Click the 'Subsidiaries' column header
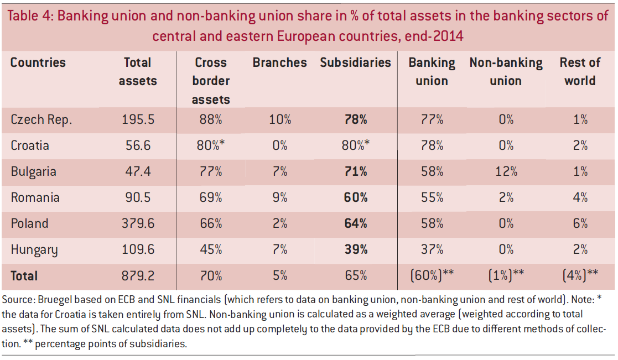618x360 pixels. coord(355,62)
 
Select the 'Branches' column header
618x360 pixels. coord(279,62)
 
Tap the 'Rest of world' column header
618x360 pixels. coord(580,71)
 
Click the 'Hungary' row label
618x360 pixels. coord(34,249)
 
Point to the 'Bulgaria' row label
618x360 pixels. coord(34,171)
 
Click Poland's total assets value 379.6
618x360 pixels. coord(138,223)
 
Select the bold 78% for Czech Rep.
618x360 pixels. coord(355,119)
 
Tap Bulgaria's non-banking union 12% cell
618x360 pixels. coord(506,171)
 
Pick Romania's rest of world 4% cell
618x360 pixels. coord(580,197)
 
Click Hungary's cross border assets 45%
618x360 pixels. coord(211,249)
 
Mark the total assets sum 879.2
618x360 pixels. coord(138,275)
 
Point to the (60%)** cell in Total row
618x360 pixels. coord(432,275)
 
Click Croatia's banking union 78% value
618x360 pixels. coord(432,145)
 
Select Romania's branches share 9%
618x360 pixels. coord(280,197)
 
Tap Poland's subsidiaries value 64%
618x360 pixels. coord(355,223)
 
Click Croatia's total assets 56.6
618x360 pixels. coord(138,145)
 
